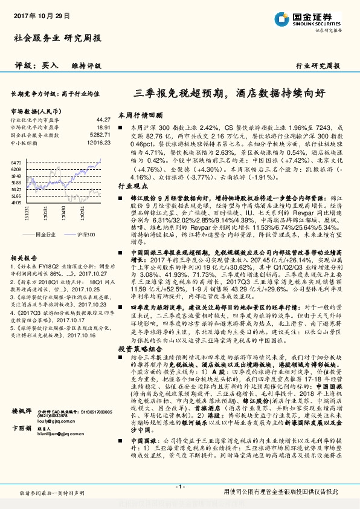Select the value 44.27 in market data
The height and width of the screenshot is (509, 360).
(103, 120)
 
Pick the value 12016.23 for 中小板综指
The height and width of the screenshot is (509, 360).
(98, 143)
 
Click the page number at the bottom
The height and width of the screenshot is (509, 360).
(179, 486)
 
